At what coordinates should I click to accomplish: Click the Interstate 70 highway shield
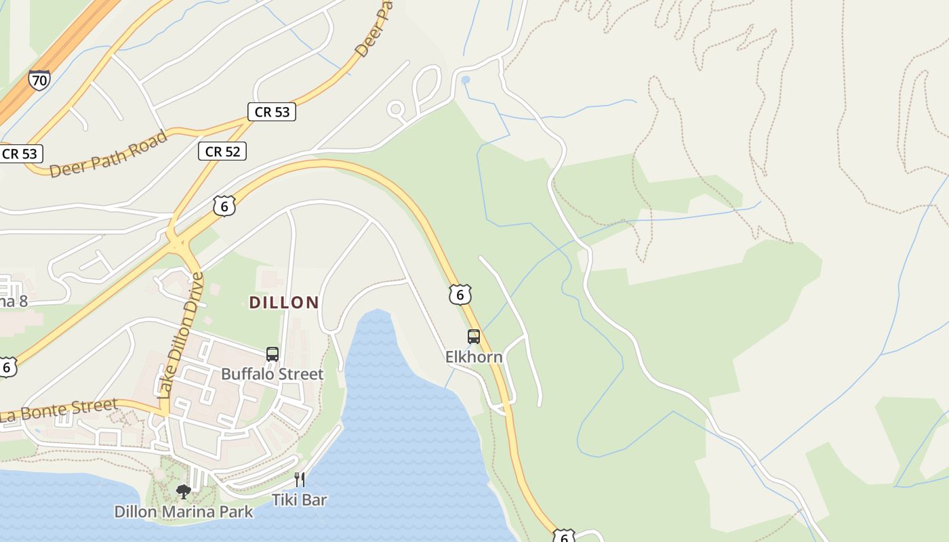pos(39,81)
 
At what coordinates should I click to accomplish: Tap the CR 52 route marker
pos(222,151)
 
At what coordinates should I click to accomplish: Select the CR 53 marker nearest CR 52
pos(272,112)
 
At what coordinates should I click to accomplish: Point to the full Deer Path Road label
pos(108,154)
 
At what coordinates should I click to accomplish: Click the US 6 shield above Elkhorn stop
pos(460,294)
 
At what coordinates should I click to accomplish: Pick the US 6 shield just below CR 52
pos(224,206)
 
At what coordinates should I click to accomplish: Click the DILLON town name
pos(284,302)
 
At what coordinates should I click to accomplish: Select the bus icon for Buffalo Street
pos(272,354)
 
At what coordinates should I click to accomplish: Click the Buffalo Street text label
pos(272,374)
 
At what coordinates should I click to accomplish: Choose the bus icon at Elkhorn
pos(474,337)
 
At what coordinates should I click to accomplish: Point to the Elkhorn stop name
pos(474,356)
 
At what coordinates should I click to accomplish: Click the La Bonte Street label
pos(60,411)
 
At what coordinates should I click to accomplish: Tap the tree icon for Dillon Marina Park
pos(183,491)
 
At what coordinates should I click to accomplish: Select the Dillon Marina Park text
pos(184,512)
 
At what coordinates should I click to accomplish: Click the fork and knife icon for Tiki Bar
pos(300,480)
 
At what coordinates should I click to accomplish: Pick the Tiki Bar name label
pos(300,500)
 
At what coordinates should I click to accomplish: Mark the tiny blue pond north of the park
pos(465,80)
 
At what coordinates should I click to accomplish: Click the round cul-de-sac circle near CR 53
pos(396,108)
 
